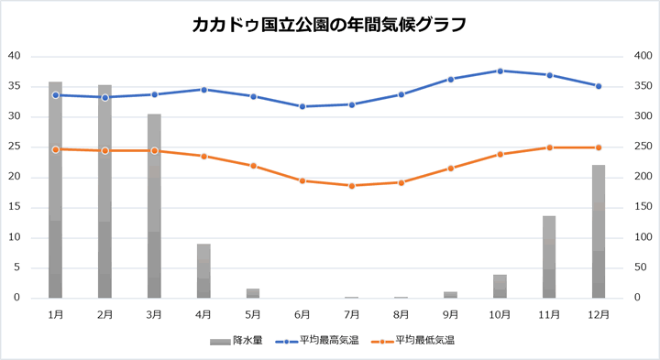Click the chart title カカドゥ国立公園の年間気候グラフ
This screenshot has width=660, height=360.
329,25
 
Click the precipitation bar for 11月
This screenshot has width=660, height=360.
549,257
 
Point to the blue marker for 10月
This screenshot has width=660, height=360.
500,71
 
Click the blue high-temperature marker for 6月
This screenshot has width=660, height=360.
302,106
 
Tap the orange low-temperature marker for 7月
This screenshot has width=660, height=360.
352,186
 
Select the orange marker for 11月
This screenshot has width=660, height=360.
549,147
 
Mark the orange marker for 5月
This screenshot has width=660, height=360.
253,166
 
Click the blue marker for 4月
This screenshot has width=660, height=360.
203,90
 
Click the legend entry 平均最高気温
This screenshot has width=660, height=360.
320,340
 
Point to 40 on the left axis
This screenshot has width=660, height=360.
14,56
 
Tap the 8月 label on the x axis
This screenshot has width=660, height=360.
401,313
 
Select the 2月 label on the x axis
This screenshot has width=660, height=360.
104,313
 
